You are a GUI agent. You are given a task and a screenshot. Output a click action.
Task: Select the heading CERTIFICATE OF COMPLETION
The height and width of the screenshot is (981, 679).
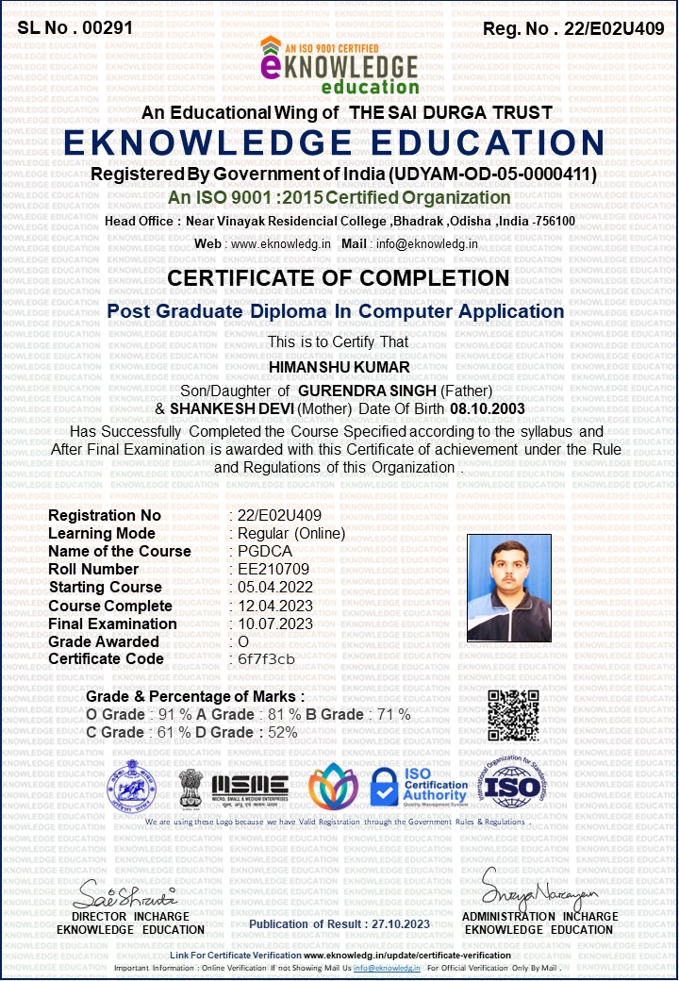339,278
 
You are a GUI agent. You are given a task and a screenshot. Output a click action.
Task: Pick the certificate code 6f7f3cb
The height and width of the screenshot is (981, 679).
267,658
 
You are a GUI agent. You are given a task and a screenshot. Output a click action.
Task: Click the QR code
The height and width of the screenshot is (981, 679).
513,715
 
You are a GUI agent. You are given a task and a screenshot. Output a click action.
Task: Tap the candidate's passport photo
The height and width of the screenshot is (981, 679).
509,588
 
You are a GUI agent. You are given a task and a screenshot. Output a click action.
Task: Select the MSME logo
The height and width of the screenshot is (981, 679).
250,785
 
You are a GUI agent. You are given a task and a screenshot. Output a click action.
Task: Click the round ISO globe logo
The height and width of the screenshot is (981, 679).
513,785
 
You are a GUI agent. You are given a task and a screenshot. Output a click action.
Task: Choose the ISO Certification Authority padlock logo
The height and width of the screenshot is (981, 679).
418,786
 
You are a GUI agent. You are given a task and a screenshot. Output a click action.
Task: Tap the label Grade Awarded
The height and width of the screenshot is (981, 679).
105,641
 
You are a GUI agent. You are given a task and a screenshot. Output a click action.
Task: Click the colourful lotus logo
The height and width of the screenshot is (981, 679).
333,786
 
